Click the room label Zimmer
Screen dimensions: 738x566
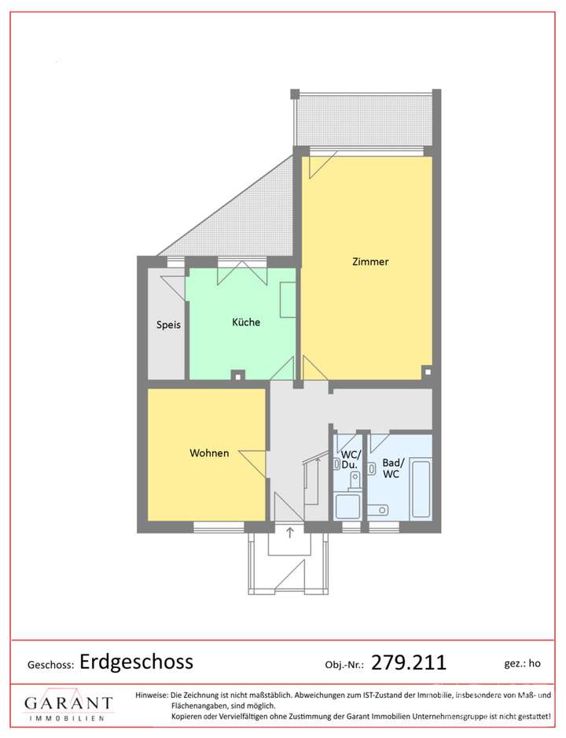pyautogui.click(x=369, y=262)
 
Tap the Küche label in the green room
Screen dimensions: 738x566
pyautogui.click(x=245, y=322)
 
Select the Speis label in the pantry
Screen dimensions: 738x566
pyautogui.click(x=168, y=323)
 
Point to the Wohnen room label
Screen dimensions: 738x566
pyautogui.click(x=209, y=453)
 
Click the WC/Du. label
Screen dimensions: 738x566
pyautogui.click(x=349, y=459)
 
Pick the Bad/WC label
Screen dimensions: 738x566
pyautogui.click(x=391, y=468)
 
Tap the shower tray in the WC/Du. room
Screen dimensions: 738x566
pyautogui.click(x=347, y=505)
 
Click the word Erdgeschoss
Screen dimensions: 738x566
pyautogui.click(x=136, y=662)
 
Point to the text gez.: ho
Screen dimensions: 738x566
pyautogui.click(x=523, y=663)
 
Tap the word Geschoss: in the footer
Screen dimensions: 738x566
pyautogui.click(x=51, y=664)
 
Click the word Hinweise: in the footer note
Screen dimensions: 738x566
pyautogui.click(x=152, y=695)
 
